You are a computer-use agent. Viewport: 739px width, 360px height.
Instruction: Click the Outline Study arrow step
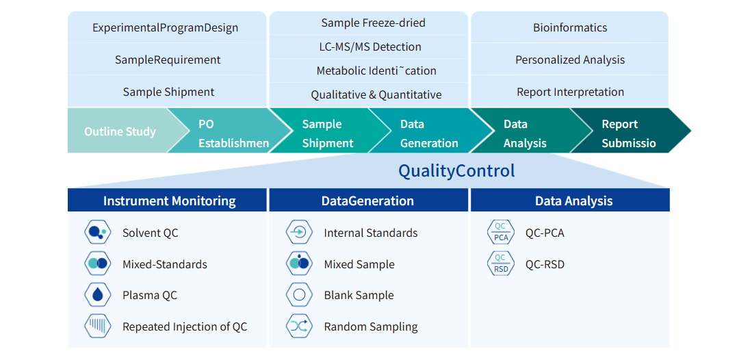click(120, 131)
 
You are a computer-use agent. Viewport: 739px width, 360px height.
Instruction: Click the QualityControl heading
click(456, 170)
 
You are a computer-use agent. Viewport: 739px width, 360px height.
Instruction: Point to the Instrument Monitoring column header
click(169, 201)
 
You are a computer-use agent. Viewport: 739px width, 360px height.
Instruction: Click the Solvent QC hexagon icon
click(97, 233)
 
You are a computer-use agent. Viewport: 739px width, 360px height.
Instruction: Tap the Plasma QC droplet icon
click(97, 295)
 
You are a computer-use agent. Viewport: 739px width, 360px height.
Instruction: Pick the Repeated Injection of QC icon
click(97, 326)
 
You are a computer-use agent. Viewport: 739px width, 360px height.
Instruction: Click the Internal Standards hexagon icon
click(299, 233)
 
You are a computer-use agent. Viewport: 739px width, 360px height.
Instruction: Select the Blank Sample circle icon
click(299, 295)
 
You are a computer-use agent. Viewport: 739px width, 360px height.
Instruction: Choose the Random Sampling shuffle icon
click(299, 326)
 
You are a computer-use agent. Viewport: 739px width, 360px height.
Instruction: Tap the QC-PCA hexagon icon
click(500, 233)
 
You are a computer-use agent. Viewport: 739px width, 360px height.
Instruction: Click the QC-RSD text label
click(545, 264)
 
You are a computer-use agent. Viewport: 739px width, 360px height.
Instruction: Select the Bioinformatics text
click(570, 28)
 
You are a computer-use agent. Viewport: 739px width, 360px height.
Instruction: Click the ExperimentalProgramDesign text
click(166, 28)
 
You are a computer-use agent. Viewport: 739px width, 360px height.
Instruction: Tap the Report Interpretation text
click(570, 92)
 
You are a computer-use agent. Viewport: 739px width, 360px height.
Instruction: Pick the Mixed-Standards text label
click(164, 264)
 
